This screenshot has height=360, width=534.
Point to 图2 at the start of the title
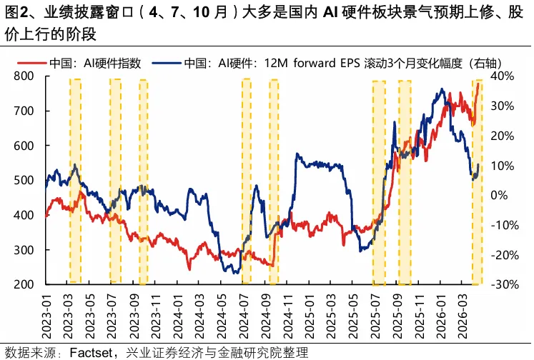pos(16,11)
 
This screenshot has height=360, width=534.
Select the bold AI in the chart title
pos(335,11)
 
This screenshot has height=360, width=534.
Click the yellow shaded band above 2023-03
pos(75,179)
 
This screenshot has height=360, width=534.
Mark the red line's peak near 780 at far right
pos(478,84)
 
